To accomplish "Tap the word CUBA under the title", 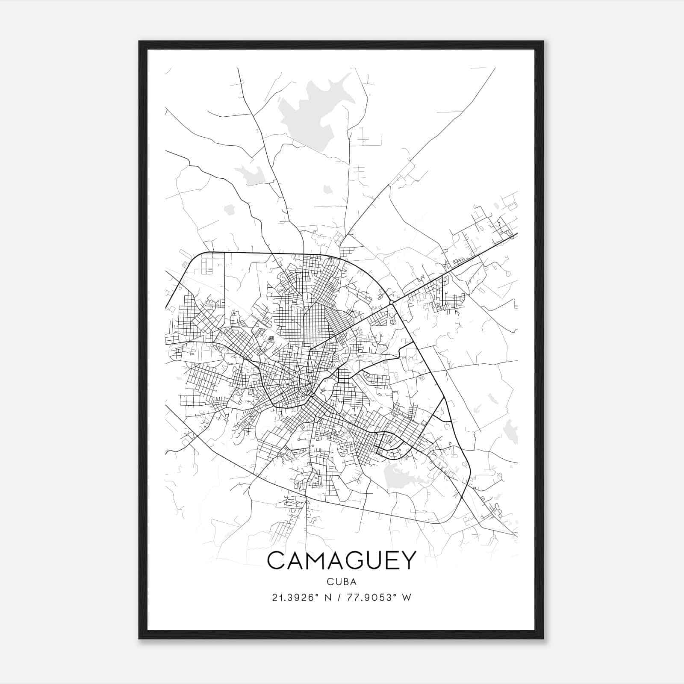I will (342, 582).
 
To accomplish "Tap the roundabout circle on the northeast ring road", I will (391, 303).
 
